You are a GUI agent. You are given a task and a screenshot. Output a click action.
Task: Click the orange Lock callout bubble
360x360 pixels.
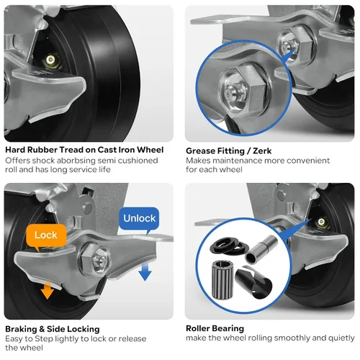[46, 236]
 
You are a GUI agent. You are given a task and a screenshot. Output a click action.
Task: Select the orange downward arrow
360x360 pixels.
[47, 290]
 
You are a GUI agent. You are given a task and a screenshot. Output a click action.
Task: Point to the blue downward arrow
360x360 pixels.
[145, 271]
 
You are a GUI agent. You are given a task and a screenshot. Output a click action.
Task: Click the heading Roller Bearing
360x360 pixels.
[215, 328]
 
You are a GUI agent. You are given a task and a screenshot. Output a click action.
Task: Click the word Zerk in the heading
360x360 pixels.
[262, 151]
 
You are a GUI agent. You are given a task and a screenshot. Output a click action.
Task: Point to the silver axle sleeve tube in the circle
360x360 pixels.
[261, 250]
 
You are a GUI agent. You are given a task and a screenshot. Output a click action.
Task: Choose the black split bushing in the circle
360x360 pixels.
[253, 282]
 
